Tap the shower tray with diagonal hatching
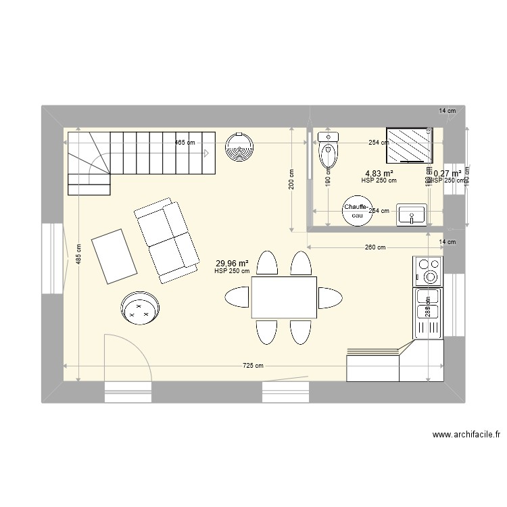click(x=408, y=145)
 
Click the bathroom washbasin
click(x=411, y=215)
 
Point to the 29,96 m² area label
click(x=232, y=264)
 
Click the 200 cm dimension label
click(x=291, y=179)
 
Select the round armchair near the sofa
click(x=141, y=309)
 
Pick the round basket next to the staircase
click(x=239, y=146)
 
